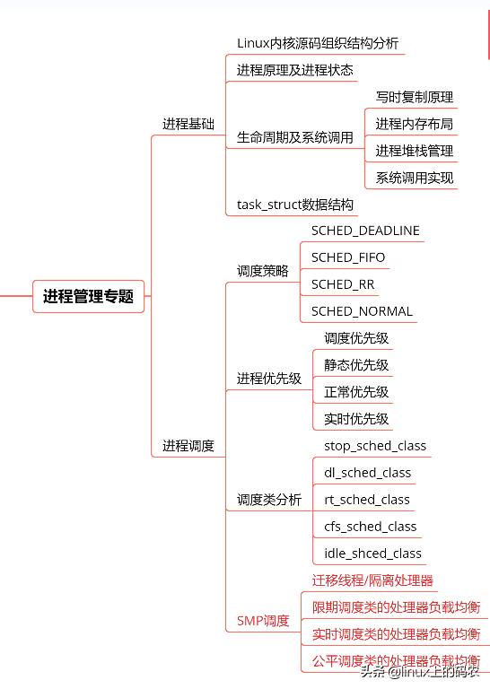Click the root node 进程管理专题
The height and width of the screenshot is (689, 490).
pos(88,296)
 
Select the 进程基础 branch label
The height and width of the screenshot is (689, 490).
pos(188,124)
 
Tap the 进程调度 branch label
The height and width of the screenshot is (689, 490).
pos(188,445)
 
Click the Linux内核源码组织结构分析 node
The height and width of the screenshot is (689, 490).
pos(318,43)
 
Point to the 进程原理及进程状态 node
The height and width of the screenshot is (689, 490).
pos(294,70)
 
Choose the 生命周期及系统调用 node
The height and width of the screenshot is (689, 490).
pos(294,137)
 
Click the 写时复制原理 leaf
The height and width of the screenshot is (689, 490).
pos(414,97)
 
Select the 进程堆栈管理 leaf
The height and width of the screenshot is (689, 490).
pos(414,151)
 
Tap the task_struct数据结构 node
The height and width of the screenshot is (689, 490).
pos(294,205)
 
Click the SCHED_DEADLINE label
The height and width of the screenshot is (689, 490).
pos(365,231)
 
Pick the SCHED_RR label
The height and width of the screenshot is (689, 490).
pos(343,284)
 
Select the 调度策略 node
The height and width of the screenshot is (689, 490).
pos(263,270)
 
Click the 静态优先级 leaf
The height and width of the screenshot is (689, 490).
pos(356,365)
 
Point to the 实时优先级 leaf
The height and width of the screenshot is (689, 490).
pos(356,419)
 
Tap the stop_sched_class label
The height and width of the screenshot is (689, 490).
pos(375,446)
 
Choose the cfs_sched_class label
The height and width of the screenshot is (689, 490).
pos(370,527)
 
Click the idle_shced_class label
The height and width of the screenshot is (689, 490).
pos(372,554)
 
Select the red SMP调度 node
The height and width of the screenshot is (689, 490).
pos(263,620)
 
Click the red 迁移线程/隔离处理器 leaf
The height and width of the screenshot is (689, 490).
pos(372,580)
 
